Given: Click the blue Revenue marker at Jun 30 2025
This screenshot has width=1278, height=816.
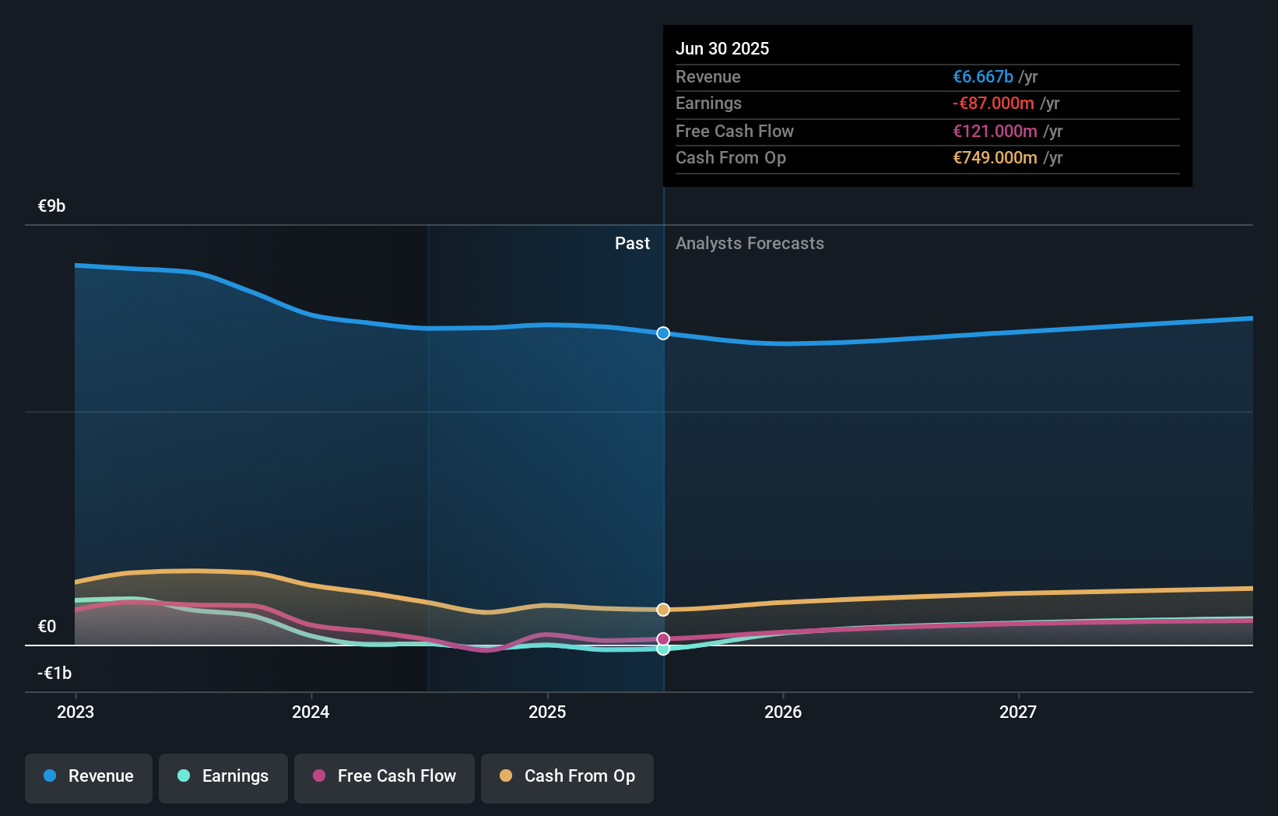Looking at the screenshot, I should tap(663, 333).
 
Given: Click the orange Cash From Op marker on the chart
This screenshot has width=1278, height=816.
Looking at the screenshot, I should tap(663, 610).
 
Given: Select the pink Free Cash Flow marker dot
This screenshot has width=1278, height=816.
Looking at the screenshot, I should tap(663, 639).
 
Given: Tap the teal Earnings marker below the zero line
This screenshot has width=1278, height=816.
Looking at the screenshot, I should tap(663, 649).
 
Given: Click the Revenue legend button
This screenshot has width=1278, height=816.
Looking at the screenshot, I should tap(89, 776).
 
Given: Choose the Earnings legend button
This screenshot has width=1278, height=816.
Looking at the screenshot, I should tap(223, 776).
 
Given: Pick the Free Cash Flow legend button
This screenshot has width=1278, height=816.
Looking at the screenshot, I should tap(384, 776).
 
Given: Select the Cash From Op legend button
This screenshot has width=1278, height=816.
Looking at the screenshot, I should tap(567, 776).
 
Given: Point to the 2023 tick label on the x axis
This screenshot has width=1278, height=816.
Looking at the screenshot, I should tap(75, 712).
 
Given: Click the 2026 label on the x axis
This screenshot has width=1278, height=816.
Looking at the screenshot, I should tap(783, 712).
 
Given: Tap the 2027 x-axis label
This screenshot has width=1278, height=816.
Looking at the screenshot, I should tap(1018, 712).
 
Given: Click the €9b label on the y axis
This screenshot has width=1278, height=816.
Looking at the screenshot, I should tap(52, 206).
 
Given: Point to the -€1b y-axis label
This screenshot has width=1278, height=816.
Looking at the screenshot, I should tap(54, 673).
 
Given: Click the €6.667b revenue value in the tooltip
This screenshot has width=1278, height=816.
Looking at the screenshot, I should tap(983, 76).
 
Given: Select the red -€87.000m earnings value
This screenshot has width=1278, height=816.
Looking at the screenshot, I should tap(993, 104).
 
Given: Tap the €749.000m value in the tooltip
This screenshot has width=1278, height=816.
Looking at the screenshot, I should tap(995, 158).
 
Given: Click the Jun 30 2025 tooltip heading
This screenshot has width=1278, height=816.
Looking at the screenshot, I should tap(722, 48).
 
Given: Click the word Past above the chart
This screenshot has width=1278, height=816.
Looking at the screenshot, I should tap(632, 244).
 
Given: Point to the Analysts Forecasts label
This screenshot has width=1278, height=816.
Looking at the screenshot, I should tap(750, 244).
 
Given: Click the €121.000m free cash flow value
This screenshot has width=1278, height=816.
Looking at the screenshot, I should tap(995, 131).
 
